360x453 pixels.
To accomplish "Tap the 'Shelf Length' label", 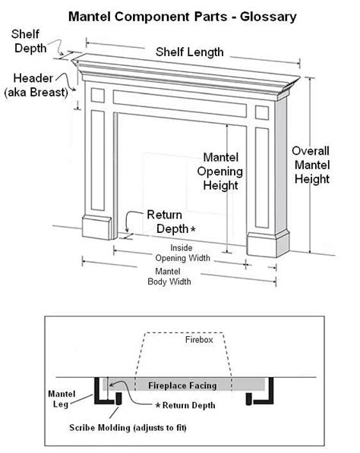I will pos(190,52).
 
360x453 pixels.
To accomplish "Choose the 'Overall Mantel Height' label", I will pos(311,165).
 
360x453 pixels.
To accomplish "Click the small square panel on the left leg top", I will pos(97,95).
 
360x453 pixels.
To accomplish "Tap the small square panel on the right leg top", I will pos(262,112).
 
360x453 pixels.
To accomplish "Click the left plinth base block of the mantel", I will pos(96,228).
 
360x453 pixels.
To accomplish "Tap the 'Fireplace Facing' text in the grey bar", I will pos(186,384).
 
